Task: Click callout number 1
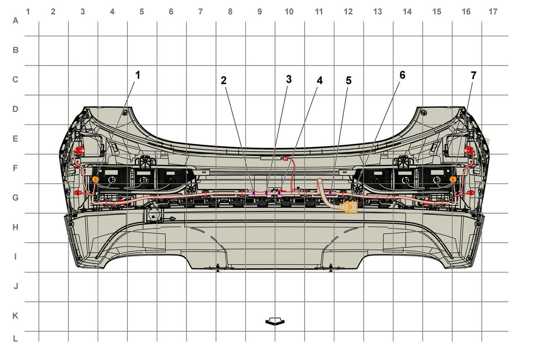138,75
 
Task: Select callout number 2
224,80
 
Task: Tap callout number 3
289,79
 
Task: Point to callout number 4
320,80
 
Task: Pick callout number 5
348,80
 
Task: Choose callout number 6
402,75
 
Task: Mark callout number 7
474,75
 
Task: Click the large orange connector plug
348,207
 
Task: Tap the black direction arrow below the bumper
275,321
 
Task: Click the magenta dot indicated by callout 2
254,193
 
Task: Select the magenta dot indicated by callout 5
330,192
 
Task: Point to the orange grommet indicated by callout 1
95,180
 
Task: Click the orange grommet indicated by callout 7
453,180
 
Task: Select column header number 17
493,11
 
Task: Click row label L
16,339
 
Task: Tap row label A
16,21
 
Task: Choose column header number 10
289,11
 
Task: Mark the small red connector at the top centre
285,159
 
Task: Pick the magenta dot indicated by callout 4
279,193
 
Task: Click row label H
16,228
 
